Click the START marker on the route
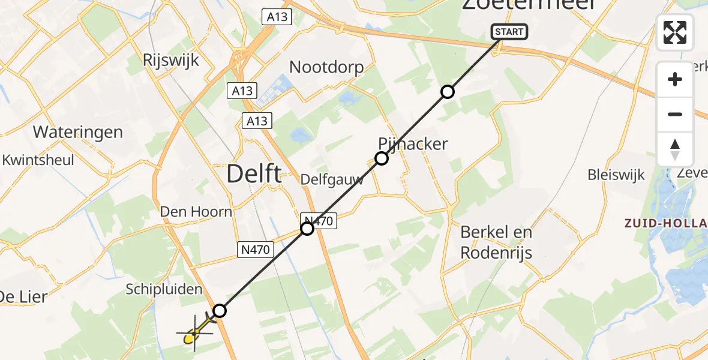point(509,32)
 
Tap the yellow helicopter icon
point(195,334)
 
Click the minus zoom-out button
point(675,114)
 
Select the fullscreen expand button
point(675,32)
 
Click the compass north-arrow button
point(675,149)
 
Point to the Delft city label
point(254,175)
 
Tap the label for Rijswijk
point(171,60)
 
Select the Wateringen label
point(78,132)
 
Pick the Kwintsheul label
point(38,160)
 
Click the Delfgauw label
point(332,180)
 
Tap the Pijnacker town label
point(413,144)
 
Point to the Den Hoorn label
point(196,211)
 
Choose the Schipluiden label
point(163,290)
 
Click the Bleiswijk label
point(616,175)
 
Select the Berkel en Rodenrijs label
point(496,242)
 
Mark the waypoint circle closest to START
point(447,92)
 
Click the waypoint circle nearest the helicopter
point(220,311)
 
